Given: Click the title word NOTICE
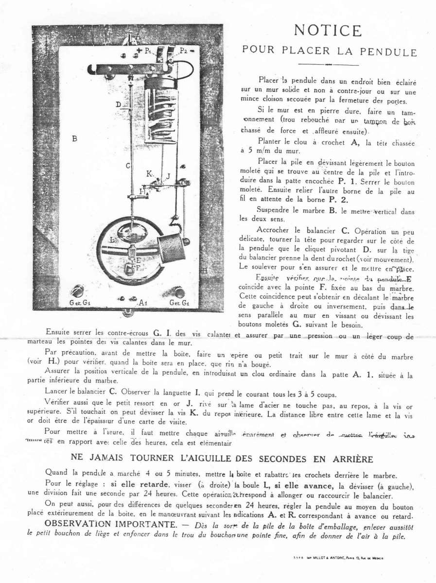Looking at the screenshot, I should pos(328,31).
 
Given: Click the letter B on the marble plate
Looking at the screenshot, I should pos(75,138).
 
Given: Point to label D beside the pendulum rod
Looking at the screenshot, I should pos(118,104).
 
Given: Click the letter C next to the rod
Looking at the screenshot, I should pos(128,166).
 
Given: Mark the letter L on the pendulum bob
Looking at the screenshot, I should pos(112,240).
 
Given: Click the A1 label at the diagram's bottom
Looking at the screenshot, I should pos(143,303).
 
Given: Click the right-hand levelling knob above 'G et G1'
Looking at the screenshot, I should pos(179,292).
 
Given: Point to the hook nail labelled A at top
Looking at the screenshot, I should pos(130,37).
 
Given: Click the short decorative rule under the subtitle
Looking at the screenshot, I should pos(329,65).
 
